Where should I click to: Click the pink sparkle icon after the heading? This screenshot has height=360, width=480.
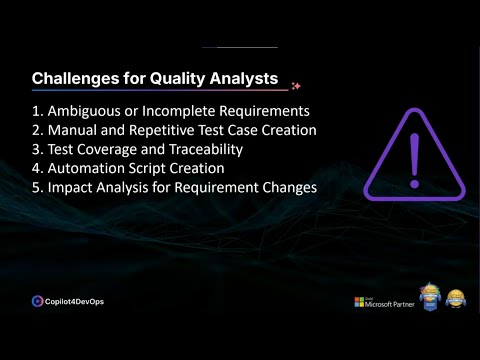[x=295, y=86]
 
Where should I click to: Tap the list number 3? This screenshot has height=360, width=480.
[x=37, y=149]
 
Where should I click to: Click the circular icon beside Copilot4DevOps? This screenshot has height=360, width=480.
[x=37, y=300]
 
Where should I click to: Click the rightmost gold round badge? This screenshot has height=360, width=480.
[x=456, y=298]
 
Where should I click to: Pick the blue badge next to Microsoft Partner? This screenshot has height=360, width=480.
[x=429, y=297]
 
